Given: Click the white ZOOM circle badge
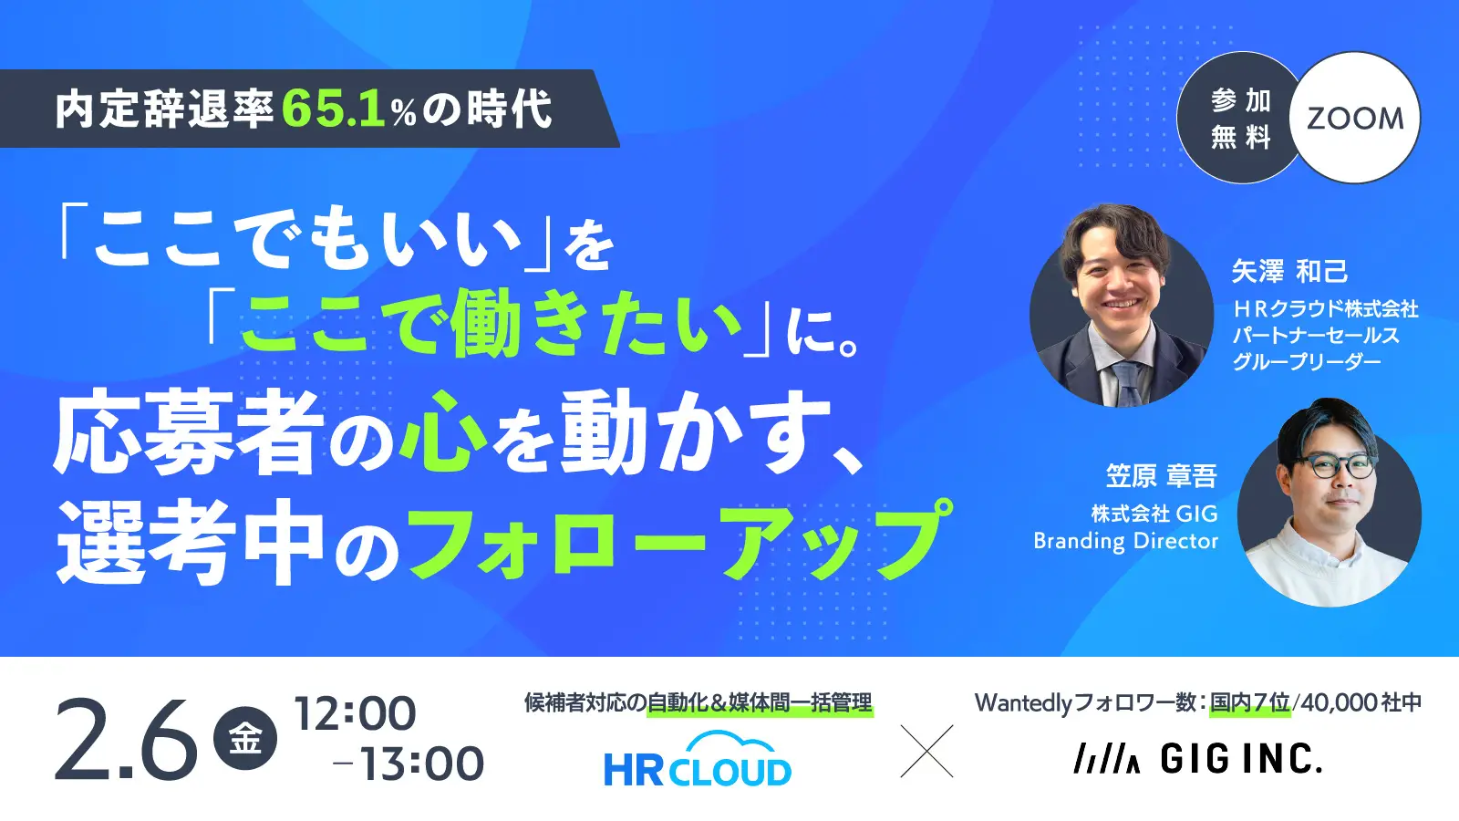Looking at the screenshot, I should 1355,118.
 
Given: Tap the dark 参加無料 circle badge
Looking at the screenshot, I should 1240,119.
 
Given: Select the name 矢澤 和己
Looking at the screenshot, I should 1289,271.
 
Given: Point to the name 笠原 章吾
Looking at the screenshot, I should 1161,475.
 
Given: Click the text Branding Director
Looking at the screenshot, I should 1125,541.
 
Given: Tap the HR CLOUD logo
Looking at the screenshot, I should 698,761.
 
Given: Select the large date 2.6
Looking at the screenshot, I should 126,739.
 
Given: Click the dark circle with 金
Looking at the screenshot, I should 244,739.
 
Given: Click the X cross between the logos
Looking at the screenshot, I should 926,751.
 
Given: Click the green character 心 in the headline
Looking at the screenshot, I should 444,431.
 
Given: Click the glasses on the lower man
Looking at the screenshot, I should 1339,466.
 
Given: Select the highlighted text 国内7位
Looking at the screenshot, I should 1249,702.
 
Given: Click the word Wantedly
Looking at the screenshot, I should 1023,702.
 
